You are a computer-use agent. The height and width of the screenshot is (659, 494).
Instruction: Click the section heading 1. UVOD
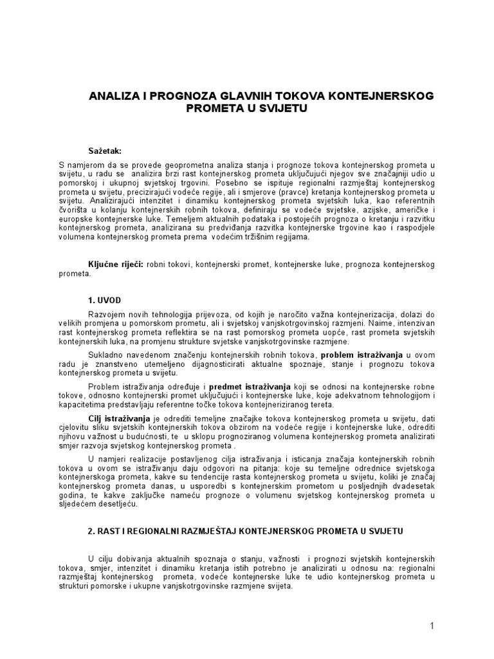click(104, 300)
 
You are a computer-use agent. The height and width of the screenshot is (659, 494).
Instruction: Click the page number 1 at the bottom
click(433, 626)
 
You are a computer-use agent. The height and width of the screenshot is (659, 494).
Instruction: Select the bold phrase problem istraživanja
click(361, 355)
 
